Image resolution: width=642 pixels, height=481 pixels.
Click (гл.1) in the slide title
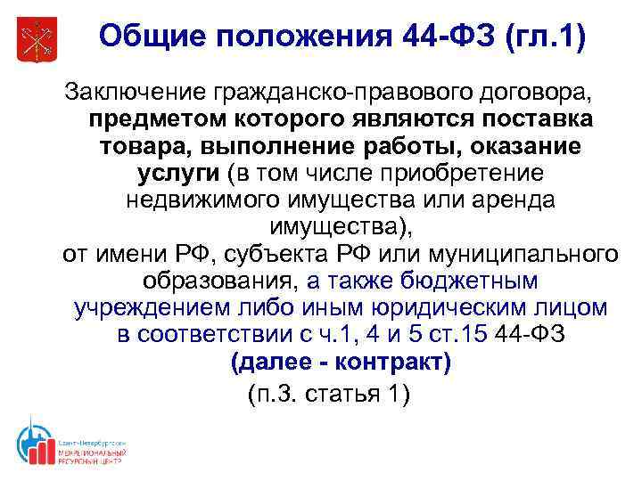[x=543, y=37]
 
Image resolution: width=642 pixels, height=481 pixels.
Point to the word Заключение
[x=132, y=91]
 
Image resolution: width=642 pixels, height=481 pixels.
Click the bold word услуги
[x=169, y=173]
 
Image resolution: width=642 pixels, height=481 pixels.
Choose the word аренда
[x=508, y=200]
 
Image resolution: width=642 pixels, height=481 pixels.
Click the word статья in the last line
[x=343, y=393]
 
